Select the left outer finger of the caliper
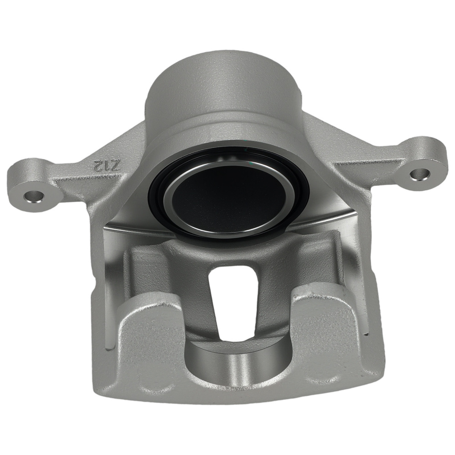pos(150,337)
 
